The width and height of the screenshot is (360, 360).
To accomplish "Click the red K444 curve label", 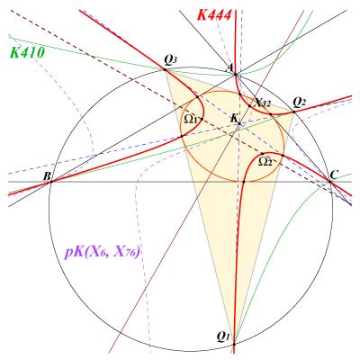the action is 214,15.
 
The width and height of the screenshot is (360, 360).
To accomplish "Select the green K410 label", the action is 27,53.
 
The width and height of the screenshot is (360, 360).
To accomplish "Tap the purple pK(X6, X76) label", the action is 102,253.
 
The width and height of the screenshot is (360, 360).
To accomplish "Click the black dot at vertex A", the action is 236,75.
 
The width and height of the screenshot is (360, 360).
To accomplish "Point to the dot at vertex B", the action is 51,182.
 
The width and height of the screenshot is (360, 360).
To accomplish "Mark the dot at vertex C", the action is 329,181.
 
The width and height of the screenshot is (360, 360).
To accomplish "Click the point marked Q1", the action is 234,344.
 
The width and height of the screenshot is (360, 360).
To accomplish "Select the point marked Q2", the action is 293,112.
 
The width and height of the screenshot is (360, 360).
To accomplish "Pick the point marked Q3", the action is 165,69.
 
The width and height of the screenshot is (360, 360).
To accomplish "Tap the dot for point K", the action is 239,123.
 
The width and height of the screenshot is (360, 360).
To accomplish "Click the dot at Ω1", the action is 202,119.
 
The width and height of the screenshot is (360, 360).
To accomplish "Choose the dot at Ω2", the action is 263,154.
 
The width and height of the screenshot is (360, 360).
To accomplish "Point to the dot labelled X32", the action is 249,106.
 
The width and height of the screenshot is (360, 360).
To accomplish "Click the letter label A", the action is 231,68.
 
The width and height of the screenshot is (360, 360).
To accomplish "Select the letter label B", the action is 47,176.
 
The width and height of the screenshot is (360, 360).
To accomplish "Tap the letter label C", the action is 334,175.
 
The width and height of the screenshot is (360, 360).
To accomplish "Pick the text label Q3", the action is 170,61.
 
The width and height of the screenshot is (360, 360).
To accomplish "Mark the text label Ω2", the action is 265,162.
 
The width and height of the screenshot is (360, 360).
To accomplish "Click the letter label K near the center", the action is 234,118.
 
